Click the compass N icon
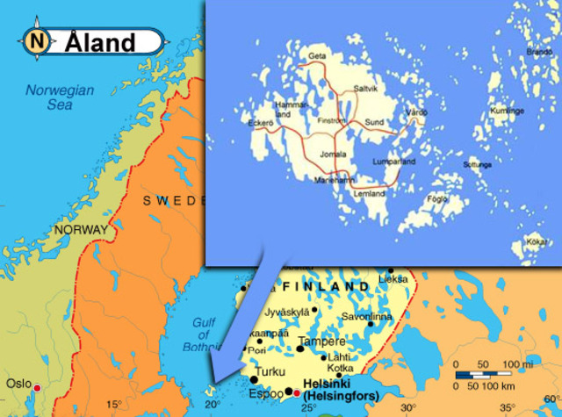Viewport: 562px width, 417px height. click(x=36, y=40)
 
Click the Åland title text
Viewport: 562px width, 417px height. click(x=101, y=42)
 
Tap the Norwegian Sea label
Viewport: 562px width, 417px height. click(x=59, y=97)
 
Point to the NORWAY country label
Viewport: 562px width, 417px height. click(x=81, y=230)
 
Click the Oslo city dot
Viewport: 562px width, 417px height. click(x=37, y=387)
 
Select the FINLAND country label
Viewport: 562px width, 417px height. click(x=327, y=287)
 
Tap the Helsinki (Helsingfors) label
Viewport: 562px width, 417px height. click(x=341, y=391)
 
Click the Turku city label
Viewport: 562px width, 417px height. click(x=270, y=371)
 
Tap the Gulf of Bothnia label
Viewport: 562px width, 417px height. click(x=204, y=334)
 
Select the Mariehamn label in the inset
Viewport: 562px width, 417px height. click(x=334, y=180)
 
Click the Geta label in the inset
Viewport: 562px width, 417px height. click(x=317, y=57)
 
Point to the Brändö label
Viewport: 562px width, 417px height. click(x=538, y=52)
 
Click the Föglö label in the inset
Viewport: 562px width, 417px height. click(x=436, y=198)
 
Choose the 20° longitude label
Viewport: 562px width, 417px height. click(x=212, y=405)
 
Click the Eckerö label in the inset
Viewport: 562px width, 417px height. click(x=261, y=123)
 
